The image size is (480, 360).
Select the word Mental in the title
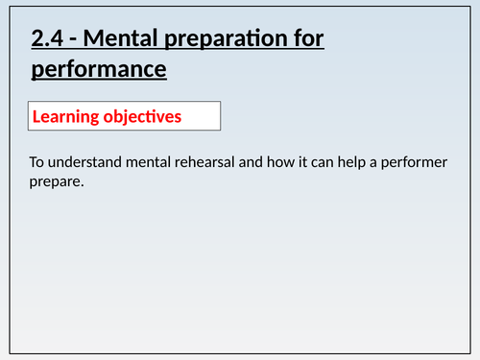(118, 40)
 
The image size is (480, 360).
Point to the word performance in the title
(99, 70)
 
